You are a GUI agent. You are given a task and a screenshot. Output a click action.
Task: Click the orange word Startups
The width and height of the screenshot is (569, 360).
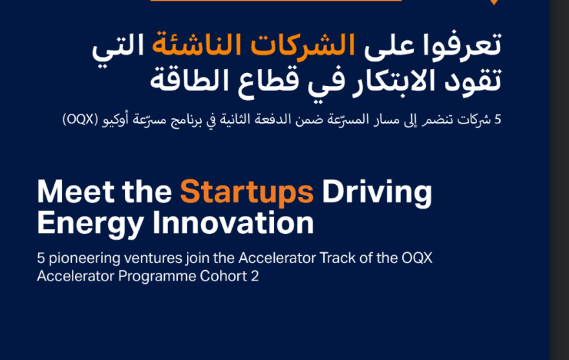tap(246, 192)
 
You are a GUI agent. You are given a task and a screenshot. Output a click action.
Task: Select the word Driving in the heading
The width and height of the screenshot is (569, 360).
tap(377, 192)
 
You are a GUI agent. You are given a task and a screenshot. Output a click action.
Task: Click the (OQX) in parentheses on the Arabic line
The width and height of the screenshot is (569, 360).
tap(80, 120)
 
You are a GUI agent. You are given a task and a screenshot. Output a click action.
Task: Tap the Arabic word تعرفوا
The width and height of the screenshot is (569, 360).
tap(464, 44)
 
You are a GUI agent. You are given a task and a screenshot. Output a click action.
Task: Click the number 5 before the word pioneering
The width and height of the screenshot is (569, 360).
tap(41, 258)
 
